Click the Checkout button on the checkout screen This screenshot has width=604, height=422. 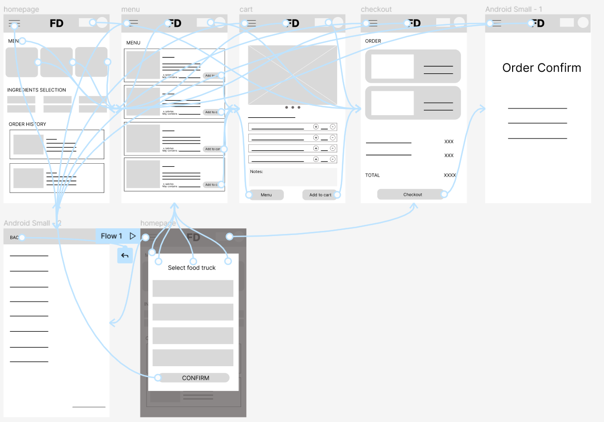(412, 194)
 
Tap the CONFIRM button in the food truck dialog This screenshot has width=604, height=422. (195, 378)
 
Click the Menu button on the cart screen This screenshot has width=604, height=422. (266, 195)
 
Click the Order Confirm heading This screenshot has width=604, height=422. (542, 68)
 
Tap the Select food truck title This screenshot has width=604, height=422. (192, 268)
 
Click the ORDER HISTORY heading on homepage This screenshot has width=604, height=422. (27, 124)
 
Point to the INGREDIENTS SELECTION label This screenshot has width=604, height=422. (37, 90)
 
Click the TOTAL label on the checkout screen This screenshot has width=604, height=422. (372, 175)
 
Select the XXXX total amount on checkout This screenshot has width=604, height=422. (450, 175)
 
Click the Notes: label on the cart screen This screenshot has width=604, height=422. (257, 171)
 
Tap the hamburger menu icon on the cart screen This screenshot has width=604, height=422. (251, 23)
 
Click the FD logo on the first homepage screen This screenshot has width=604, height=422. (57, 23)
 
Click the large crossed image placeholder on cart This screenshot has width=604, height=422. (292, 75)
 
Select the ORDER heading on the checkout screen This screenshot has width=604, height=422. (373, 41)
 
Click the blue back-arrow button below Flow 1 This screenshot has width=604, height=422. (125, 255)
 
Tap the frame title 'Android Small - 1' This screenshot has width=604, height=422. (513, 9)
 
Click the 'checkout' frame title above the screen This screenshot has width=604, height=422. (376, 9)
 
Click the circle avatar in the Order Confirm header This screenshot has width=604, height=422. (583, 23)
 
